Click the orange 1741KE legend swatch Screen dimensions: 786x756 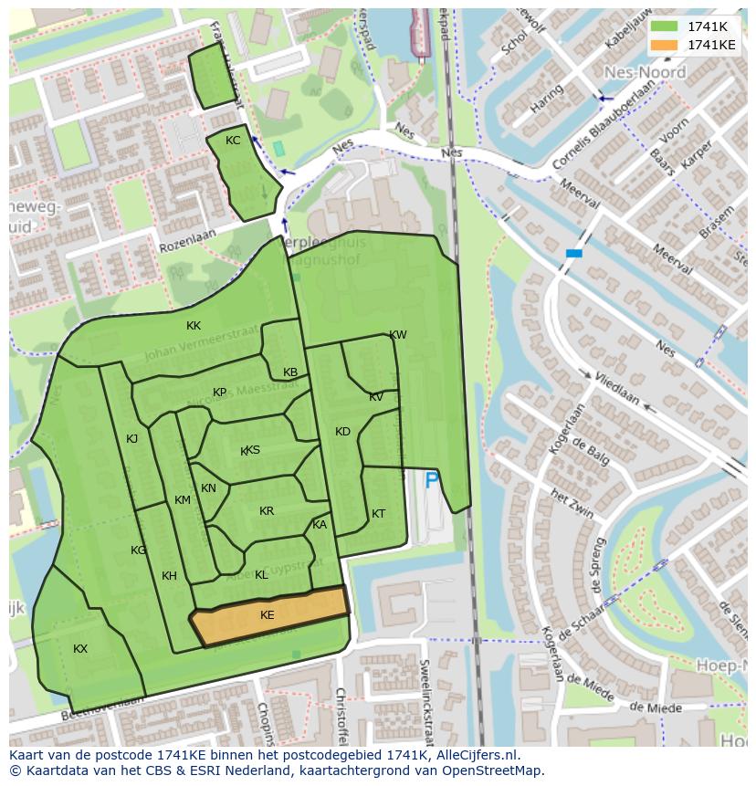point(665,45)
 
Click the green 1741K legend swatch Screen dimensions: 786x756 point(665,26)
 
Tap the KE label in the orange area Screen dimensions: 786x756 point(267,615)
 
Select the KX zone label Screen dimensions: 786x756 point(80,648)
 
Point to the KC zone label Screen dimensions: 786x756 point(233,141)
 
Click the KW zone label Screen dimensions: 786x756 point(398,335)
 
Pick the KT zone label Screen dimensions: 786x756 point(378,514)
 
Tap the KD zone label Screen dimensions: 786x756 point(342,432)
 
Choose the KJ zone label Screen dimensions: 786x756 point(131,439)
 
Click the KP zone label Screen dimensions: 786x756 point(219,393)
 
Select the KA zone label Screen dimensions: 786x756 point(320,525)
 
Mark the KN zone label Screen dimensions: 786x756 point(208,488)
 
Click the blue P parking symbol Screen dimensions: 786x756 point(432,479)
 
